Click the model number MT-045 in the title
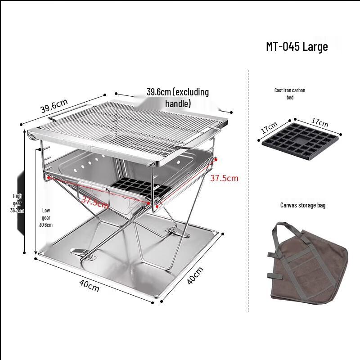282,46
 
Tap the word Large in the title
315,46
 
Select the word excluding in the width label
191,92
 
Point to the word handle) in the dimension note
178,103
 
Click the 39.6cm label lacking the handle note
54,108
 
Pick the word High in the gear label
17,196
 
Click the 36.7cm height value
17,210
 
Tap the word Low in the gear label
46,210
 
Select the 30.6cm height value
46,225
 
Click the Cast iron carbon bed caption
290,94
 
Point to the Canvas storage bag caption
303,205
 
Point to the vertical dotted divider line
248,189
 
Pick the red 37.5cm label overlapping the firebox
94,201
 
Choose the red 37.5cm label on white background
224,178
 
